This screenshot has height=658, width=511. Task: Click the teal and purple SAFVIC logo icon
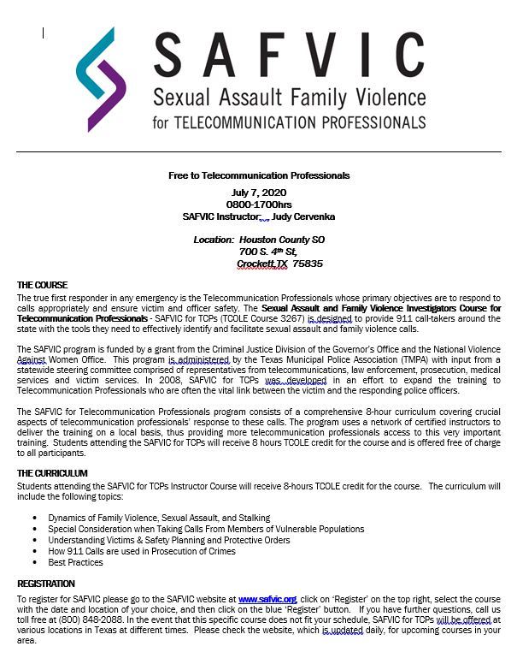point(100,79)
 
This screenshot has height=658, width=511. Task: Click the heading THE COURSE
point(42,284)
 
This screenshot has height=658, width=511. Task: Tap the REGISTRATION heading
point(46,584)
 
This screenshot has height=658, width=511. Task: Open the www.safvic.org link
point(267,600)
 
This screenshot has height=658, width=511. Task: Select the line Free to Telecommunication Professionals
point(258,175)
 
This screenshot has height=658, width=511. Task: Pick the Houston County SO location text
point(282,240)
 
